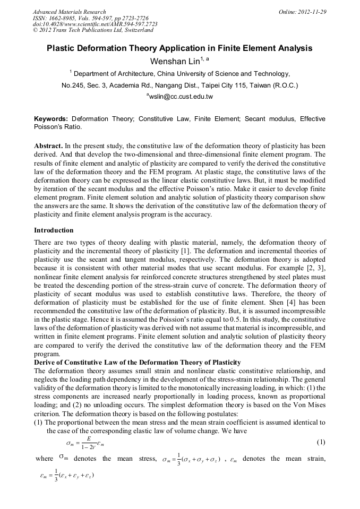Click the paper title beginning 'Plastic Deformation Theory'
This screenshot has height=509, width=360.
coord(179,48)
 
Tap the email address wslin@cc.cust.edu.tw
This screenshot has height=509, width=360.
coord(179,97)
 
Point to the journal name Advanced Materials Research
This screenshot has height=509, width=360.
coord(69,12)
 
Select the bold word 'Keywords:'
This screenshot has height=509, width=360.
coord(51,119)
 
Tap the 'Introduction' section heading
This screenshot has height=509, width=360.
coord(54,230)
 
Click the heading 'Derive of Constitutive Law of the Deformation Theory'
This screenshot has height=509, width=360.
coord(137,363)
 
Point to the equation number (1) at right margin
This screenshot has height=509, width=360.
coord(321,442)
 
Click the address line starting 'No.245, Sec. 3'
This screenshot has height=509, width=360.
coord(179,85)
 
